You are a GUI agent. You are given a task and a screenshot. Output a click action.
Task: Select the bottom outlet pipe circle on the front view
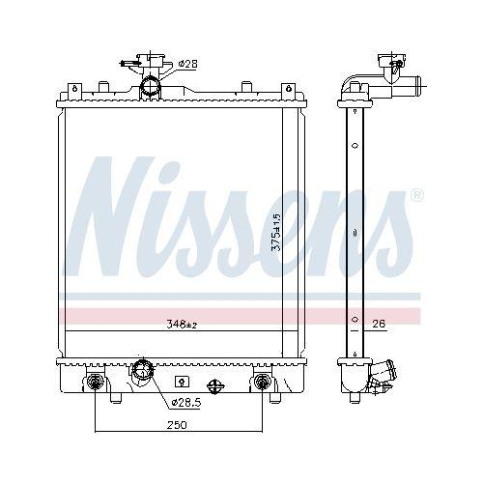(x=144, y=370)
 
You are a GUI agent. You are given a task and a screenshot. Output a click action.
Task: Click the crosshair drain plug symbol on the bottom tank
(x=216, y=384)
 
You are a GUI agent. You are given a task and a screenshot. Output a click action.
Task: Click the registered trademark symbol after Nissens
(x=416, y=195)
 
